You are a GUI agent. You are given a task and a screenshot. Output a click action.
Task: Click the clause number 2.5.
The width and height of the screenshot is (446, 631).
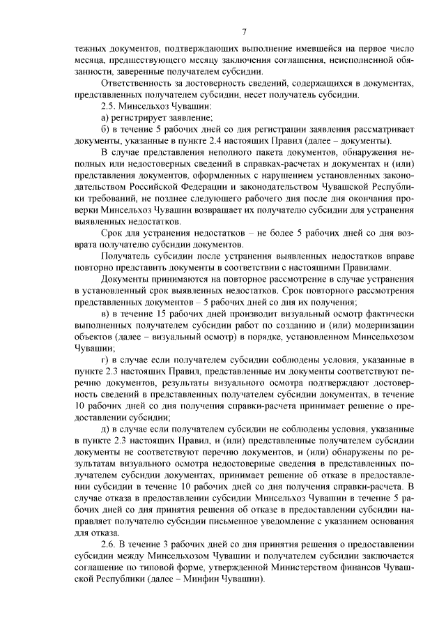(109, 106)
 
